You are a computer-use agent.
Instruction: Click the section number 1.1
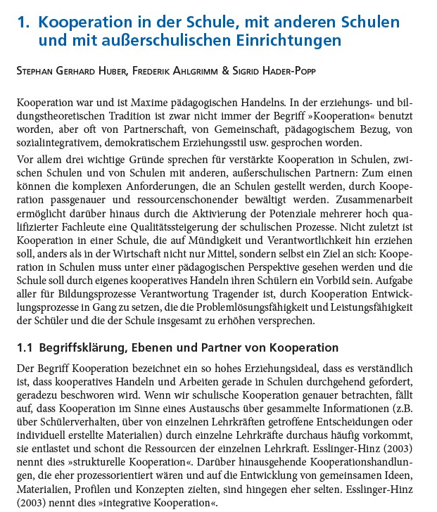(26, 348)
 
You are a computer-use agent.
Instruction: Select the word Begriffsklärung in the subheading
(82, 348)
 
